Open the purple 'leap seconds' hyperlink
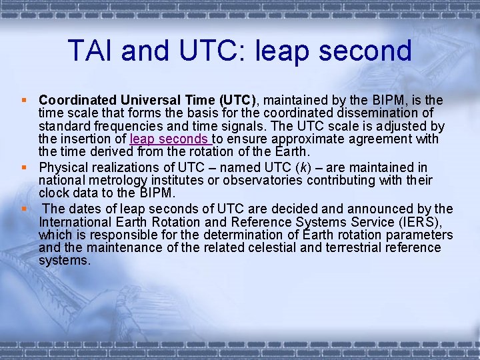(x=170, y=139)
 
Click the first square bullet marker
(x=24, y=100)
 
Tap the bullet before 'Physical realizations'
(x=24, y=167)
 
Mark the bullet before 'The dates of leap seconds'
(x=24, y=208)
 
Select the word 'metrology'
(x=115, y=181)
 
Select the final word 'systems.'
(x=64, y=261)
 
